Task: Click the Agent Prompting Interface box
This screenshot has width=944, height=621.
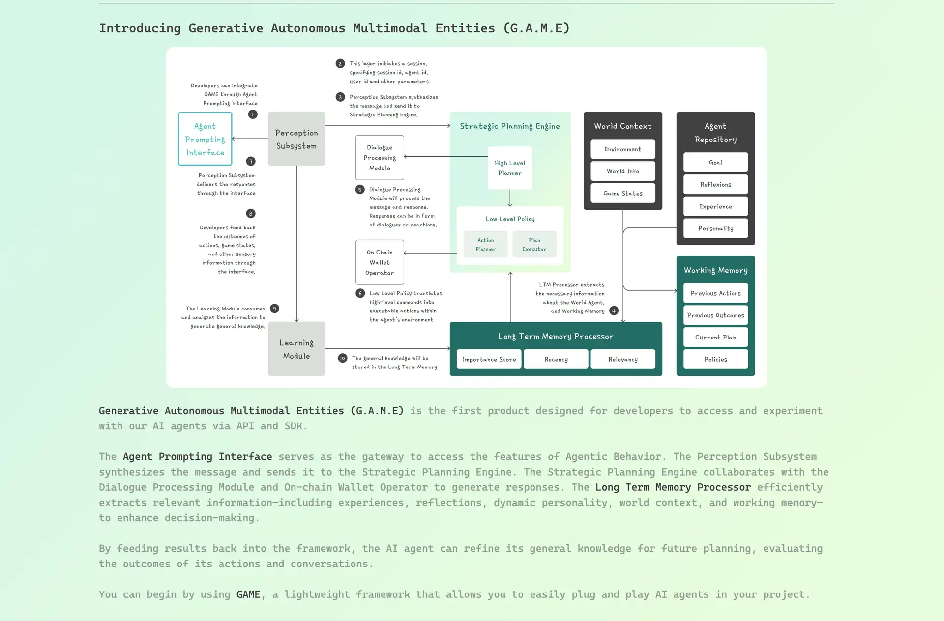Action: click(205, 139)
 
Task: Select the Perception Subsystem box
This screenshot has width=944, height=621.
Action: click(296, 139)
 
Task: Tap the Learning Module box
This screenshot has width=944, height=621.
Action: click(296, 349)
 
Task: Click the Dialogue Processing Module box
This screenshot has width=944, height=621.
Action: click(380, 158)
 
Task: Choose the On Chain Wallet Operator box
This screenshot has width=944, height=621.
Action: click(380, 262)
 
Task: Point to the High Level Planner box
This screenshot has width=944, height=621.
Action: click(510, 168)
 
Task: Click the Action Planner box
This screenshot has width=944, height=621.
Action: click(486, 245)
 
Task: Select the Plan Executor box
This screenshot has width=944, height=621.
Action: click(534, 245)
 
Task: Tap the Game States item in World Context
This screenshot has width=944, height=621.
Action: click(623, 193)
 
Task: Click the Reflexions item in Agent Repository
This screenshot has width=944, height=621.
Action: click(715, 184)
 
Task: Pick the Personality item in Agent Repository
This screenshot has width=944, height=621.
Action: click(715, 228)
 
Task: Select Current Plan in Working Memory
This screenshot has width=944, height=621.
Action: click(715, 337)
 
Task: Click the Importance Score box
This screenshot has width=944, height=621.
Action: click(489, 359)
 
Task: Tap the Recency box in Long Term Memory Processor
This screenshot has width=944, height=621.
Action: click(556, 359)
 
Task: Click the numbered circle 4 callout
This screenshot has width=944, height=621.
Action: click(614, 310)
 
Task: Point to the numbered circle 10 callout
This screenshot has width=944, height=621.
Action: click(343, 358)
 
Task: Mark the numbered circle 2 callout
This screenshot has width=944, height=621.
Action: click(340, 63)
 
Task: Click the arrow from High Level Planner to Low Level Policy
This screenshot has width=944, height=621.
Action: click(510, 198)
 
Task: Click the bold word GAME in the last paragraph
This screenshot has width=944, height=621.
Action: click(248, 594)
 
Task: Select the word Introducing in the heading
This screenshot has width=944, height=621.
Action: click(140, 28)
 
